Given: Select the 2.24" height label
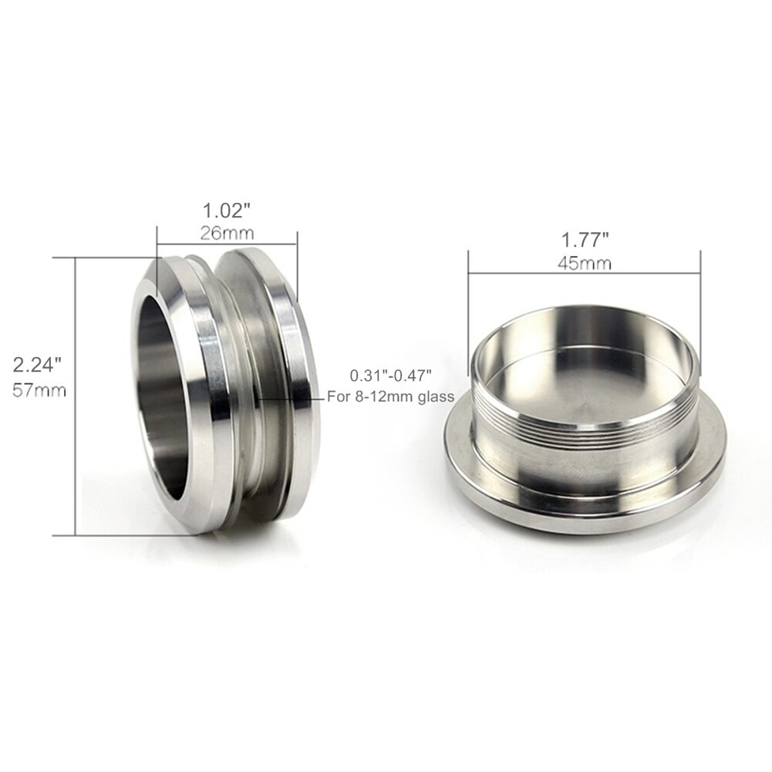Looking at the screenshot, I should click(x=37, y=366).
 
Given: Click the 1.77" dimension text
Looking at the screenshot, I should click(x=583, y=241).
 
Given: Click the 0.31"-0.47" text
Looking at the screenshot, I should click(x=390, y=376).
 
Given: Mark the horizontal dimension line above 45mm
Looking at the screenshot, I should click(x=583, y=251).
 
